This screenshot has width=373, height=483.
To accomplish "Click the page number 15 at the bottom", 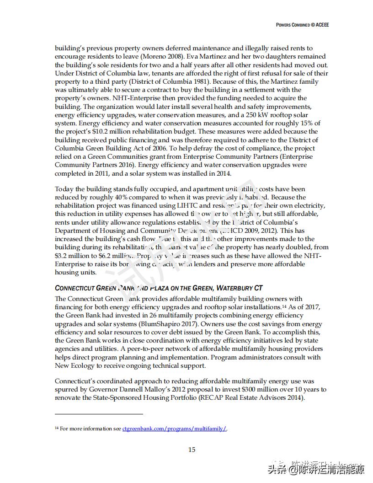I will [x=192, y=450].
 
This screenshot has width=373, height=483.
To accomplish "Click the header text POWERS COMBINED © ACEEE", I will [x=302, y=25].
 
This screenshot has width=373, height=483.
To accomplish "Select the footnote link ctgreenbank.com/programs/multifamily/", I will [x=174, y=429].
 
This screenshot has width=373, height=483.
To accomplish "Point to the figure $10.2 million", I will [x=103, y=132].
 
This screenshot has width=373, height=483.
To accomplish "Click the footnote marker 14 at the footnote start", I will [x=57, y=429].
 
